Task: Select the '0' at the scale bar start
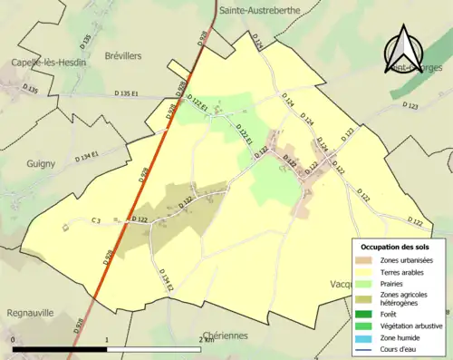pos(14,339)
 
